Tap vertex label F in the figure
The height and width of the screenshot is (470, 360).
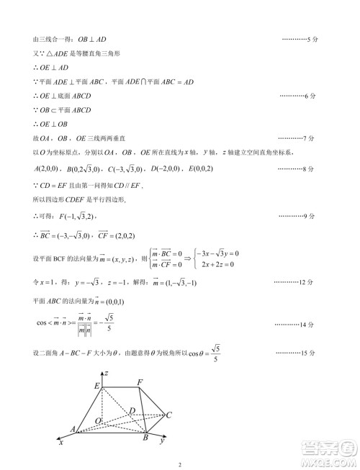140,381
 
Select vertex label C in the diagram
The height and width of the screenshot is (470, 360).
168,415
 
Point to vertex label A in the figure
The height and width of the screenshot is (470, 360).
73,430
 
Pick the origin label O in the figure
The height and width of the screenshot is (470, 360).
99,420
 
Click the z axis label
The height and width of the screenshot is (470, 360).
106,374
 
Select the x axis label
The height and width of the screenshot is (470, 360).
61,443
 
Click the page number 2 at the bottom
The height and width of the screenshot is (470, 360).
180,464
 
